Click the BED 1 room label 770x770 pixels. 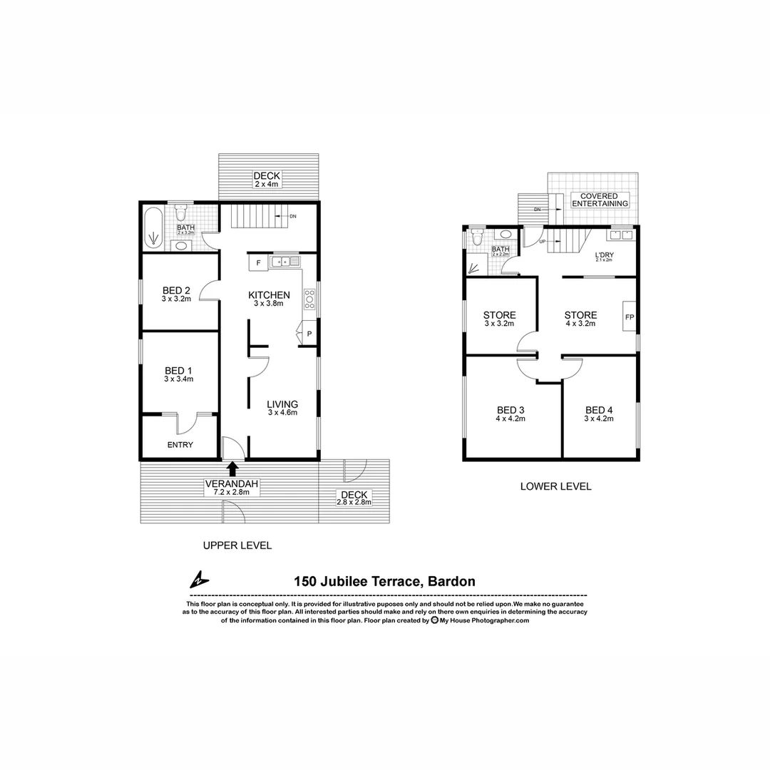[178, 371]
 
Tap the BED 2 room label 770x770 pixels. [176, 290]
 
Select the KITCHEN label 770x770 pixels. [269, 295]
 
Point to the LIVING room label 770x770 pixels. [282, 404]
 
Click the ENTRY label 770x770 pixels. [180, 445]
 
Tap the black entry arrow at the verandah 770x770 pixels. [232, 468]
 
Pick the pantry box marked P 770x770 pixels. [309, 334]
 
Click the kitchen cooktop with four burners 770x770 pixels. [309, 298]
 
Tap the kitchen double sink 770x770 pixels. [284, 262]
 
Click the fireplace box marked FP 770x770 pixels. [630, 317]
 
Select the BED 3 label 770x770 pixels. [510, 410]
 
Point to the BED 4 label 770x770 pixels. [599, 410]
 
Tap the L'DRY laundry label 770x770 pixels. [605, 255]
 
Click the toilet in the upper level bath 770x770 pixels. [181, 212]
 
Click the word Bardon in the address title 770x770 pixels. [451, 582]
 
